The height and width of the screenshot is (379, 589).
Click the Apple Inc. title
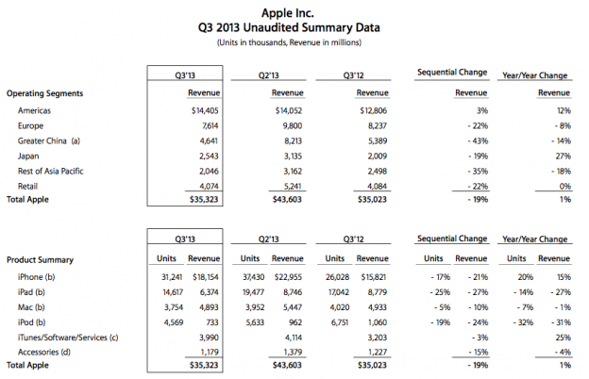tap(287, 13)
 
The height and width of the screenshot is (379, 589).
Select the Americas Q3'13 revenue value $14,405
tap(205, 110)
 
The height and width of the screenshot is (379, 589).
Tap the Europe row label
tap(30, 125)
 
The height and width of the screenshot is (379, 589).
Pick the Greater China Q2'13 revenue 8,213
tap(293, 141)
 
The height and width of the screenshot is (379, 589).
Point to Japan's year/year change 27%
tap(564, 157)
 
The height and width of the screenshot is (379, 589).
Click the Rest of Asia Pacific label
tap(50, 171)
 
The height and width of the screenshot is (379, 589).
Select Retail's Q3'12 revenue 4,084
tap(377, 186)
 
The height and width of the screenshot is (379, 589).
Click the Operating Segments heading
tap(44, 93)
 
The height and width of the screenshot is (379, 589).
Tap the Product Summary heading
tap(40, 259)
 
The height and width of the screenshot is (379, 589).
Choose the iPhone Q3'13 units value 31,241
tap(172, 277)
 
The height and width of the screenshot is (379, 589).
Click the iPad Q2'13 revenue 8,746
tap(293, 292)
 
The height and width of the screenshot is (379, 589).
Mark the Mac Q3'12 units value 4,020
tap(340, 307)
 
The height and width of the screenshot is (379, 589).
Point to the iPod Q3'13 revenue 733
tap(211, 322)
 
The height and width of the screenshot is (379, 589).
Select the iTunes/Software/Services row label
tap(68, 338)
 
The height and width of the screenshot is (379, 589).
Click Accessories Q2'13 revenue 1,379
tap(293, 352)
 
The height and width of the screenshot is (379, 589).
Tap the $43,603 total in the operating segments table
tap(287, 199)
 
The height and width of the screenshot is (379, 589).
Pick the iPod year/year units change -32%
tap(523, 322)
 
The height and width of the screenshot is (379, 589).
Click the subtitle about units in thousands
tap(289, 42)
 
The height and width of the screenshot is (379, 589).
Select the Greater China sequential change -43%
tap(478, 141)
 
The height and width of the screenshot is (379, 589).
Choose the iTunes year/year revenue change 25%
tap(564, 338)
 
